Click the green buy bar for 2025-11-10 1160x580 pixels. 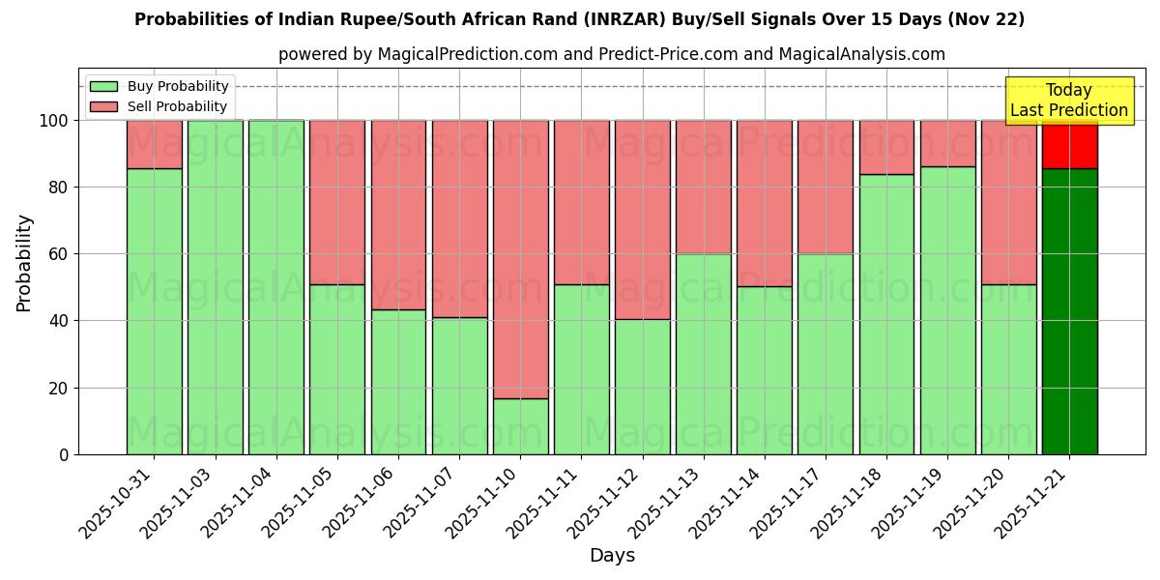[520, 426]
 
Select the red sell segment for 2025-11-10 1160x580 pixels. [520, 259]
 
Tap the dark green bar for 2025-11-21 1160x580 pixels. [1069, 311]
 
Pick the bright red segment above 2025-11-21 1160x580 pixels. [1069, 145]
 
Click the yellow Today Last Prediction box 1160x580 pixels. [1068, 101]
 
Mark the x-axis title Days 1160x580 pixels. [612, 556]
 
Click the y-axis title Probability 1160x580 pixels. [24, 262]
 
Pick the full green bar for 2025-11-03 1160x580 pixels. [215, 287]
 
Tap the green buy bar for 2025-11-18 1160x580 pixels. [886, 314]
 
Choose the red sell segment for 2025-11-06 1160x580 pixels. [398, 215]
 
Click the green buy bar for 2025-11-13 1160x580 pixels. [703, 354]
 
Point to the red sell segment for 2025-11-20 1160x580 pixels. [1008, 202]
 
